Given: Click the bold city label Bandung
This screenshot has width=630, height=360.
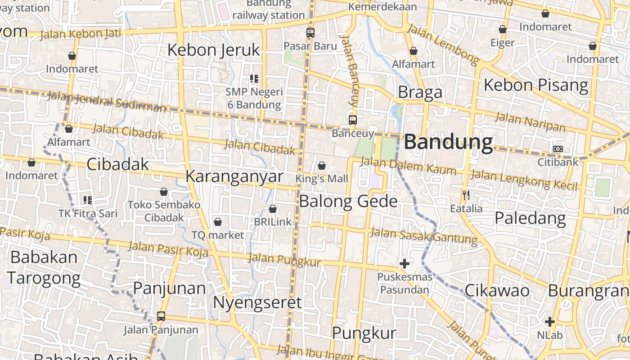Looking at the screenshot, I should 448,142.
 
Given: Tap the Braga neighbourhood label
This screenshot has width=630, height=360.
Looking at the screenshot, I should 420,92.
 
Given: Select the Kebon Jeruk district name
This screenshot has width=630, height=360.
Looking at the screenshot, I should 214,50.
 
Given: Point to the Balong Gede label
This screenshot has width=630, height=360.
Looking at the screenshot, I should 348,201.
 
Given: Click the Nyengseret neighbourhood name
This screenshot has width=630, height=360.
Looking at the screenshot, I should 257,302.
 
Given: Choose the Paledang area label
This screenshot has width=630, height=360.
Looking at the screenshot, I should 530,218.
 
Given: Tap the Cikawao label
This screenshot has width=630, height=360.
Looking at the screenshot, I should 497,291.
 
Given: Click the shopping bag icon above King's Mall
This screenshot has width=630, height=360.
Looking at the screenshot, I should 322,166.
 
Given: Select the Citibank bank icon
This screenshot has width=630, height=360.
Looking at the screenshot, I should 558,149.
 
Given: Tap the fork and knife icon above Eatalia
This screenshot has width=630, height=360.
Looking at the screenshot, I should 466,195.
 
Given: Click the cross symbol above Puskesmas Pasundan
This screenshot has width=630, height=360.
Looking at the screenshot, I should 405,264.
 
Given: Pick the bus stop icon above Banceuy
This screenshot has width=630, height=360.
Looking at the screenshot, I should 353,120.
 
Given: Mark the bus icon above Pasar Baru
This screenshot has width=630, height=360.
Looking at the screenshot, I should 310,33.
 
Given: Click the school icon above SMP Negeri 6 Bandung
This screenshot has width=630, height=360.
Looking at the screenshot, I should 254,79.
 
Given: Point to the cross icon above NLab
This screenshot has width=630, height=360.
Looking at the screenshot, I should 549,322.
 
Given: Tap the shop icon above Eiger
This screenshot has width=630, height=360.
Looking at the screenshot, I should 503,30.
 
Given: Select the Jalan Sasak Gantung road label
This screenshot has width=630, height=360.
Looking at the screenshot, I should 423,236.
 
